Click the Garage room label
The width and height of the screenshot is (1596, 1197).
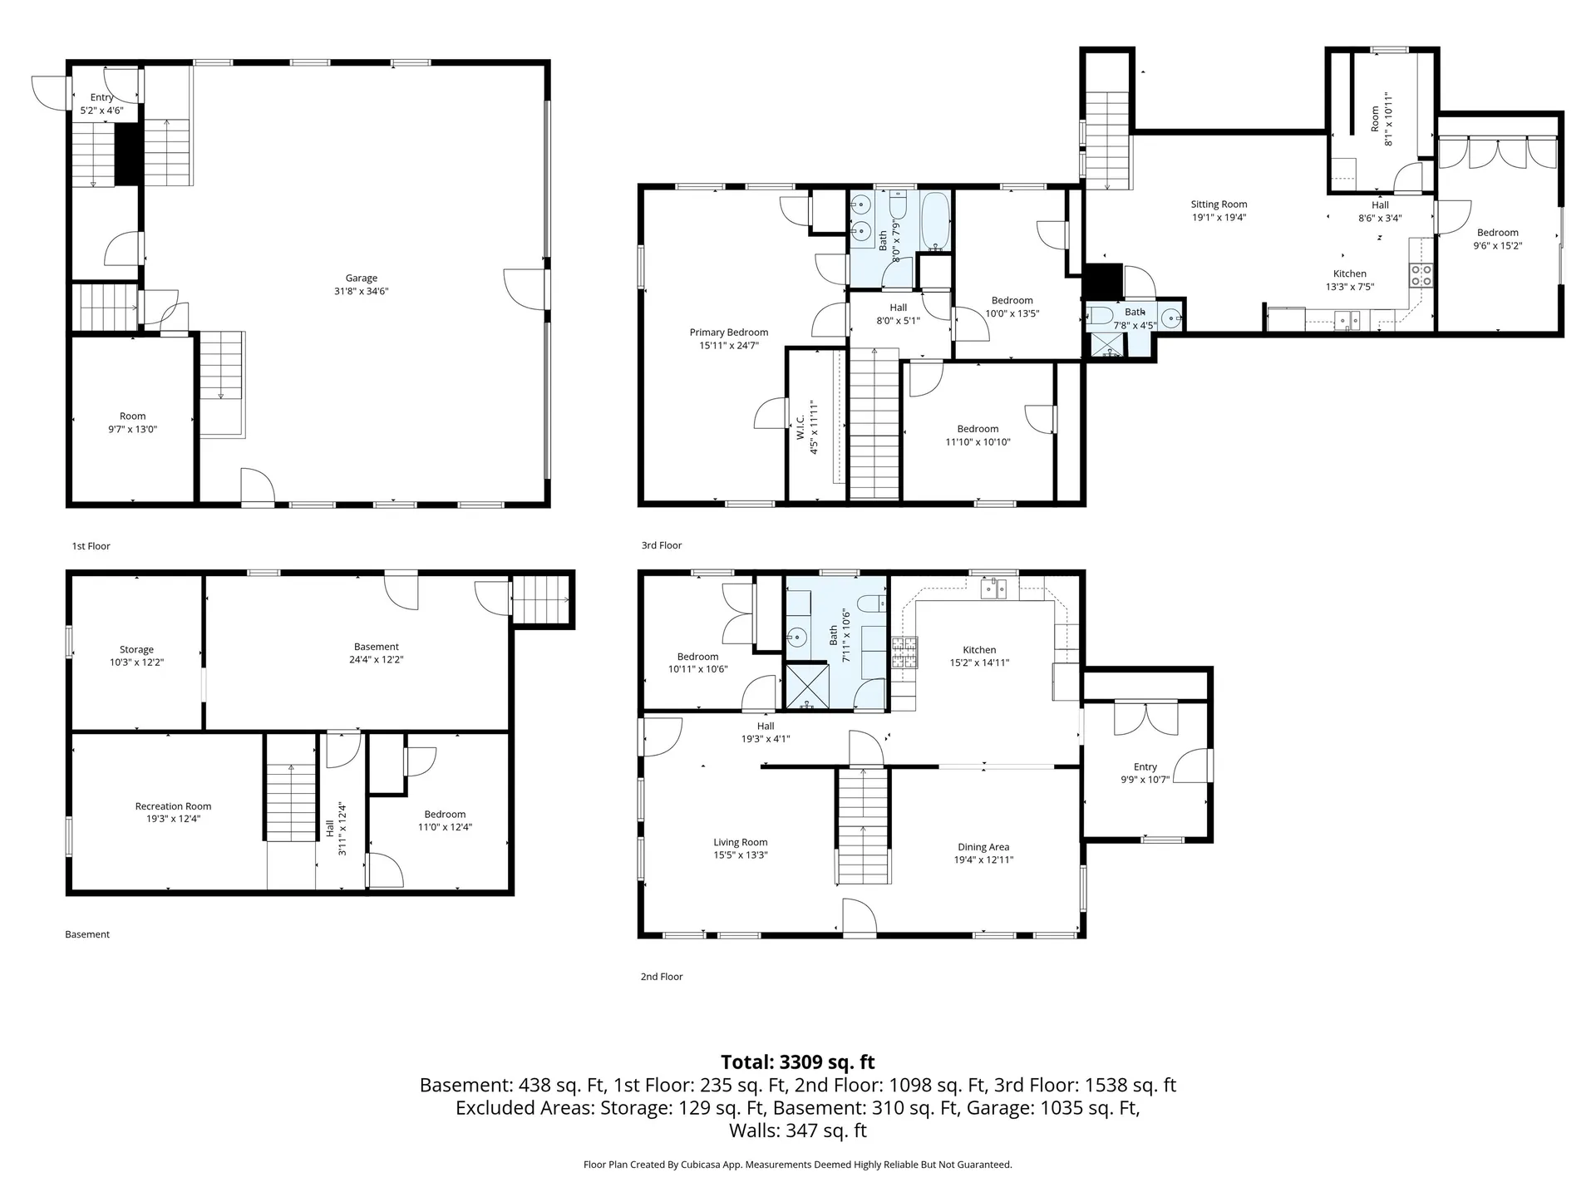362,278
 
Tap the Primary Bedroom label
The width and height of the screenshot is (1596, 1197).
728,332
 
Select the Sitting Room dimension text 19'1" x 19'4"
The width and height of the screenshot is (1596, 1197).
1219,218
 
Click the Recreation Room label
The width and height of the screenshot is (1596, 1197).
173,806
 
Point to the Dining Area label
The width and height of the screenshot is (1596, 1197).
983,847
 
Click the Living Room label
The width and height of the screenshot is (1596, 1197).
740,842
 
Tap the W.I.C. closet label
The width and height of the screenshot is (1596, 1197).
800,428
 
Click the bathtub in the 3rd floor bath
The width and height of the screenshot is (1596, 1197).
936,223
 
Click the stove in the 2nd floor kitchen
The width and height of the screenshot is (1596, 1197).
905,653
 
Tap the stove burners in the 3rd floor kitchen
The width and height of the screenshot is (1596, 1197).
1421,275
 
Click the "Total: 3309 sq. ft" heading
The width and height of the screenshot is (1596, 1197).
797,1062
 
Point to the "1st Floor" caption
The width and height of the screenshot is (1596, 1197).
91,546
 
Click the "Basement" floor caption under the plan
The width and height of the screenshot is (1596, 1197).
87,934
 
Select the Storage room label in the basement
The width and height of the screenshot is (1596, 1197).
136,650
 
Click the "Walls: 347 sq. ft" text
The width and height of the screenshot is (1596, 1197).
797,1130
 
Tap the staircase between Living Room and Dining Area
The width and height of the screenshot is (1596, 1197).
863,827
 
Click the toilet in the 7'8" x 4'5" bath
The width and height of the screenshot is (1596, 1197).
1100,316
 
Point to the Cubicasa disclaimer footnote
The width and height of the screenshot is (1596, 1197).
797,1165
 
